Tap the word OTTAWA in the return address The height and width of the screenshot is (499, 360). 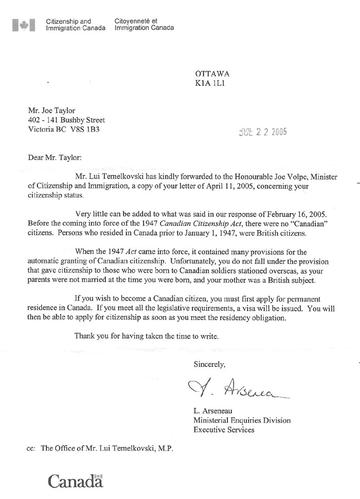212,74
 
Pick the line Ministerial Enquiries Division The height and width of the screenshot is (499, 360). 242,420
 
